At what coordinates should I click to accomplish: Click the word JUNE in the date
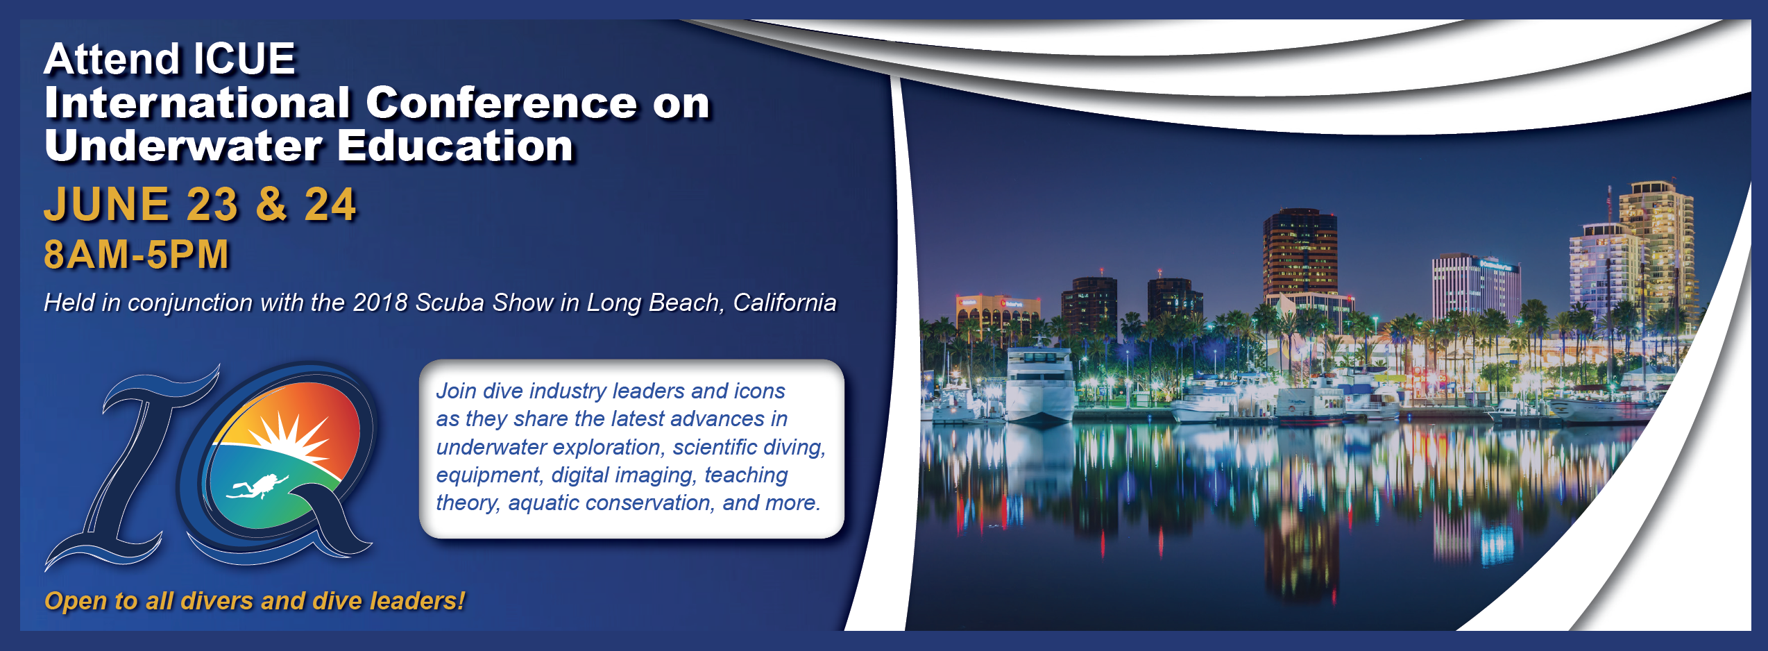point(106,204)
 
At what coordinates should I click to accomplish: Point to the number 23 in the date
point(212,205)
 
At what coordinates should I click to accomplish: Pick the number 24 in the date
point(330,205)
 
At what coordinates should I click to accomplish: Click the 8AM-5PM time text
point(136,254)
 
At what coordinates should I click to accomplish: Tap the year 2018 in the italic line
point(380,303)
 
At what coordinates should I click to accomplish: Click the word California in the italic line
point(785,303)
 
